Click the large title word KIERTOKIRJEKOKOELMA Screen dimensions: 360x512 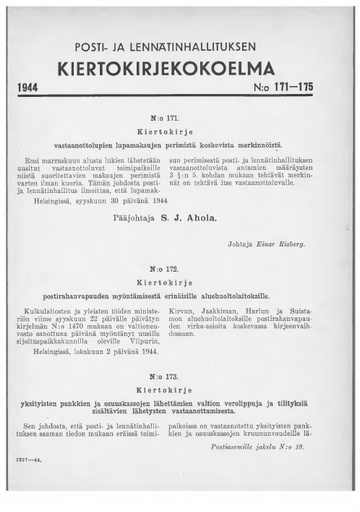pyautogui.click(x=180, y=68)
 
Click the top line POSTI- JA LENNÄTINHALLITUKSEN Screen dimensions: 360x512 pyautogui.click(x=180, y=47)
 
